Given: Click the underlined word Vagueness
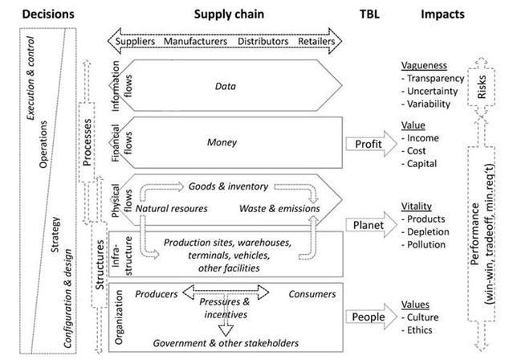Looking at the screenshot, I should tap(425, 66).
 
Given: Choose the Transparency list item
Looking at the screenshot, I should tap(437, 79).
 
